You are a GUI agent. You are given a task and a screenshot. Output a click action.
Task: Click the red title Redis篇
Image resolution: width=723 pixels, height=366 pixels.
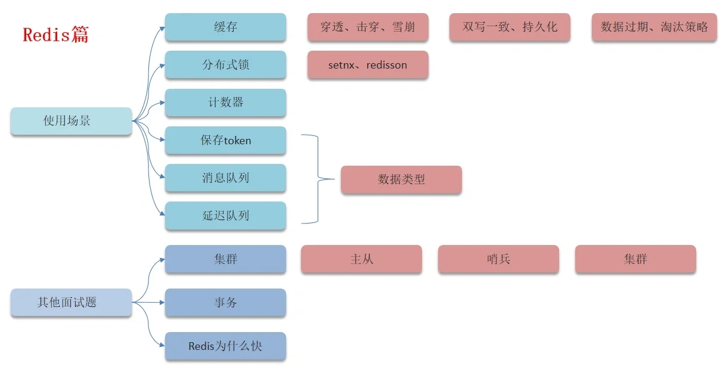55,35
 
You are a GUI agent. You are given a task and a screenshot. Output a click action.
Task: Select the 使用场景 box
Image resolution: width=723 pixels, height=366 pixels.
71,121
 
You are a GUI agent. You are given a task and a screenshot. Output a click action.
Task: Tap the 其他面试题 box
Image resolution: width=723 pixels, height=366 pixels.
71,302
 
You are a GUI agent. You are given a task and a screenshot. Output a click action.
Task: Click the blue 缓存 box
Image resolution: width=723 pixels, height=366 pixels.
225,27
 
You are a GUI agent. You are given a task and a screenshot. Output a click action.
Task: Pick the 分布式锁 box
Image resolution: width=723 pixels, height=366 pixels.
225,64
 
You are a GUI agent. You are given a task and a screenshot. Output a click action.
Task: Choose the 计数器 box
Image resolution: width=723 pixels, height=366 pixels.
225,103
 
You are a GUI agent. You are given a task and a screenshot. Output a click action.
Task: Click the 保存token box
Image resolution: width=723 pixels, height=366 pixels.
225,141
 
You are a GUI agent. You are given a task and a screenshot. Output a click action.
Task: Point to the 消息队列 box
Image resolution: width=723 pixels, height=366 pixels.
225,178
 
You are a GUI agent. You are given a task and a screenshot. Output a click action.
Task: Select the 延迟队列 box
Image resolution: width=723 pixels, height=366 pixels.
225,216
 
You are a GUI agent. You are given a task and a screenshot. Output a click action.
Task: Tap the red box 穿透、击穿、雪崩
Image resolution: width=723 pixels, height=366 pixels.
368,27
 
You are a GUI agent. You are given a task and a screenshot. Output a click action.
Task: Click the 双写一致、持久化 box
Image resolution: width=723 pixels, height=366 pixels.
510,27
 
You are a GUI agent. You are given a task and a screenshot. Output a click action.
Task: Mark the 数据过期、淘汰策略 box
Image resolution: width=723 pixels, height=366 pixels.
654,27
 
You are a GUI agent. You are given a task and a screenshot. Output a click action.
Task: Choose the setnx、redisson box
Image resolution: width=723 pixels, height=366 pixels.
368,65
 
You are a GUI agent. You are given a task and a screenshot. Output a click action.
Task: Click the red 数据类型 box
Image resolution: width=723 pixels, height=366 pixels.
401,179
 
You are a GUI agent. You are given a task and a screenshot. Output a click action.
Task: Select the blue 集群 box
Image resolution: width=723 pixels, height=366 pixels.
225,259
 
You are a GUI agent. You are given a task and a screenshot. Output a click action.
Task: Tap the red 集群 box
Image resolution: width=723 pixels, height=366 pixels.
635,259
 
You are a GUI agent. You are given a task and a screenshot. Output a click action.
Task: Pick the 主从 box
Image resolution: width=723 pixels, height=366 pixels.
361,259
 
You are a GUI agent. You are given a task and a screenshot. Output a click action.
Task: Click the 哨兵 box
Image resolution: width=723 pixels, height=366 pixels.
498,259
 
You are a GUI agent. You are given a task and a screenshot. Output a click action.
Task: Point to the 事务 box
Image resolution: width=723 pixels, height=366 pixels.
225,303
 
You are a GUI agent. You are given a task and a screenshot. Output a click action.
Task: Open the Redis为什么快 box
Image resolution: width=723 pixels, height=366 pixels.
225,346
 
